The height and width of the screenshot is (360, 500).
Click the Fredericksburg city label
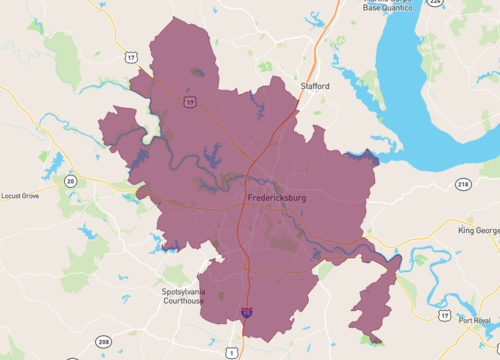point(276,198)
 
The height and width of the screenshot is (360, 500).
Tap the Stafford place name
point(314,87)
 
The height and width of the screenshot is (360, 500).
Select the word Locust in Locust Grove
point(11,196)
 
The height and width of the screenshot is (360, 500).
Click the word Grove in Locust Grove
point(30,196)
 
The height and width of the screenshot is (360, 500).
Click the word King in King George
point(467,231)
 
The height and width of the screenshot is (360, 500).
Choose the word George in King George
point(487,231)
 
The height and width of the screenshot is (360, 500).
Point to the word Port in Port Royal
point(467,321)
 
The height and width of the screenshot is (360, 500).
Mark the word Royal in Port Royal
point(484,321)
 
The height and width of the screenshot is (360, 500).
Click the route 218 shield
point(462,185)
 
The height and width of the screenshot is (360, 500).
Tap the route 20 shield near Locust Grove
point(70,180)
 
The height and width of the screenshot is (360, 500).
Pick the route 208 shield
point(105,343)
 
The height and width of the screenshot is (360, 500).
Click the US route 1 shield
point(232,351)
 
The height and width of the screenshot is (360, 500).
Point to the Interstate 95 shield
point(246,313)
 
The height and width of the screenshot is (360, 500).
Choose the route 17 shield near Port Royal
point(444,315)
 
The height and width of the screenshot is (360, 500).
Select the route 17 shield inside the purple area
point(189,102)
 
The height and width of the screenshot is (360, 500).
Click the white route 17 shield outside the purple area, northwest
point(130,58)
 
